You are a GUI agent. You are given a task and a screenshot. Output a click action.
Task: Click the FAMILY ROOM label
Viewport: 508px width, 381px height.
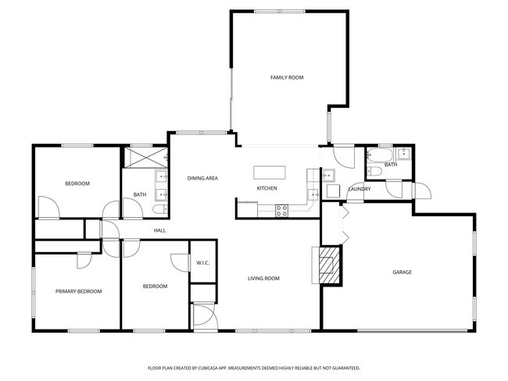pos(287,77)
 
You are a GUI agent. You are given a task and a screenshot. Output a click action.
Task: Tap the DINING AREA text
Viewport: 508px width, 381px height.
pos(202,178)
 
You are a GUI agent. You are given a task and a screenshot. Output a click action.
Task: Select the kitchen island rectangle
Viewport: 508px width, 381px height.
pos(270,173)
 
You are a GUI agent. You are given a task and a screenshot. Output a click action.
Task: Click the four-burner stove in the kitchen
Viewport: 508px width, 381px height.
pos(281,211)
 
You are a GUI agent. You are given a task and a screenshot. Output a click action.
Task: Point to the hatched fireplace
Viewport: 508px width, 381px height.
pos(330,265)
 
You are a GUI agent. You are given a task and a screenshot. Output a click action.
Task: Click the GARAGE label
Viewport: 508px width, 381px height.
pos(402,272)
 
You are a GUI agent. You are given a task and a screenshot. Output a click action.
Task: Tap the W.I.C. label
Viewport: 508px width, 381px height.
pos(203,263)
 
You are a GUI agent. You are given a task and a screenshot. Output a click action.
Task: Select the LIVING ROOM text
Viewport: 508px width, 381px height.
pos(263,279)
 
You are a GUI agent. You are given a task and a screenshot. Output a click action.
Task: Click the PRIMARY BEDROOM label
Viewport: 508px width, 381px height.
pos(78,291)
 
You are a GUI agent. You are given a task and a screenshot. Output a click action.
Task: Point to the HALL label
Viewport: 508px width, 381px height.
pos(159,230)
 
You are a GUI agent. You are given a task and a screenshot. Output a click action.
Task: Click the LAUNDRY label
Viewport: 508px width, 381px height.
pos(360,189)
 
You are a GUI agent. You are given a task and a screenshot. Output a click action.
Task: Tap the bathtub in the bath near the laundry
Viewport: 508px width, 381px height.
pos(380,156)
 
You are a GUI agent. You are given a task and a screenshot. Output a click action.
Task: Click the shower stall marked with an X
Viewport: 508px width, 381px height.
pos(146,158)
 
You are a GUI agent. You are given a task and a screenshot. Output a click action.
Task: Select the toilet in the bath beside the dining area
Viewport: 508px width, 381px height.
pos(160,209)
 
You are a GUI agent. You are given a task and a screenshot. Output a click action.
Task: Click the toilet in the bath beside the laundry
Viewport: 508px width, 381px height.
pos(374,171)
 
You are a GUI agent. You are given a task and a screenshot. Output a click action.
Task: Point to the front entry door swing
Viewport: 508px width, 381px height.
pos(203,315)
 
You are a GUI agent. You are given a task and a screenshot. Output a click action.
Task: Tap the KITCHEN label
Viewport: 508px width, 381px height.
pos(267,188)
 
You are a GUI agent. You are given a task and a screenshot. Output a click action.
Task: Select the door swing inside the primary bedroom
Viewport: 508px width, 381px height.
pos(84,261)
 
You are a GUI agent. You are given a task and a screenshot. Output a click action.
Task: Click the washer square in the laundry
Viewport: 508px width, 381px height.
pos(333,191)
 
